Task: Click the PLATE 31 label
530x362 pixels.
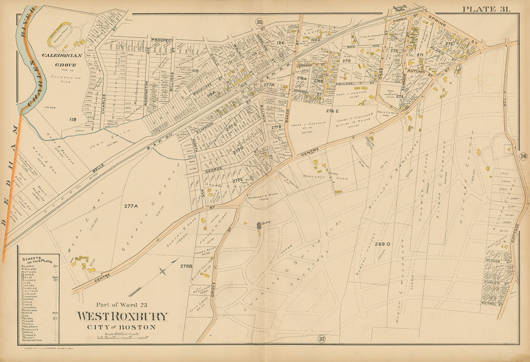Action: click(486, 9)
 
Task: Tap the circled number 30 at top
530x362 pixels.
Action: click(259, 22)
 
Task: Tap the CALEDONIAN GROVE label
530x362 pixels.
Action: click(59, 61)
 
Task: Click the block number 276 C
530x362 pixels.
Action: click(332, 110)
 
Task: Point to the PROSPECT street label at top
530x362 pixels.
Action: click(163, 40)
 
